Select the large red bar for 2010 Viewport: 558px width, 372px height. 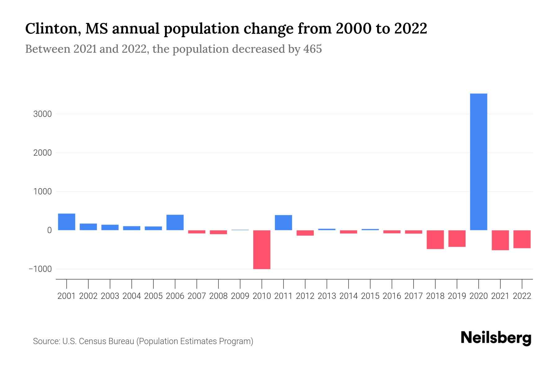(x=262, y=250)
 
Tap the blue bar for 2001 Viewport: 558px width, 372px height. (x=67, y=222)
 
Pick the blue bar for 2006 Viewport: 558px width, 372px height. (x=175, y=223)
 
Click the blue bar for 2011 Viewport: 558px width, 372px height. (x=283, y=223)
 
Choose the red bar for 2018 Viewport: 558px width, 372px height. (x=435, y=239)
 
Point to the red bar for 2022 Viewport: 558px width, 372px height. (x=522, y=239)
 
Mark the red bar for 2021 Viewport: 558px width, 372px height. (x=500, y=240)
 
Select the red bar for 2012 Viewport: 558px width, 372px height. (x=305, y=233)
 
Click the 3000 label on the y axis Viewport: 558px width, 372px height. (x=42, y=114)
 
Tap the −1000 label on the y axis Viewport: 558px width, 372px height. (x=40, y=269)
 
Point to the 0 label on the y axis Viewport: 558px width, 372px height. (x=49, y=230)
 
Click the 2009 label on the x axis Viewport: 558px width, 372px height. (x=240, y=296)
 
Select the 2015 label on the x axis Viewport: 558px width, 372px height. (x=370, y=296)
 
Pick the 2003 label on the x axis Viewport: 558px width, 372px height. (x=110, y=296)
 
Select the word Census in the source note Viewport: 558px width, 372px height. (x=90, y=341)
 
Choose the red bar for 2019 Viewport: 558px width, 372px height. (x=457, y=238)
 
